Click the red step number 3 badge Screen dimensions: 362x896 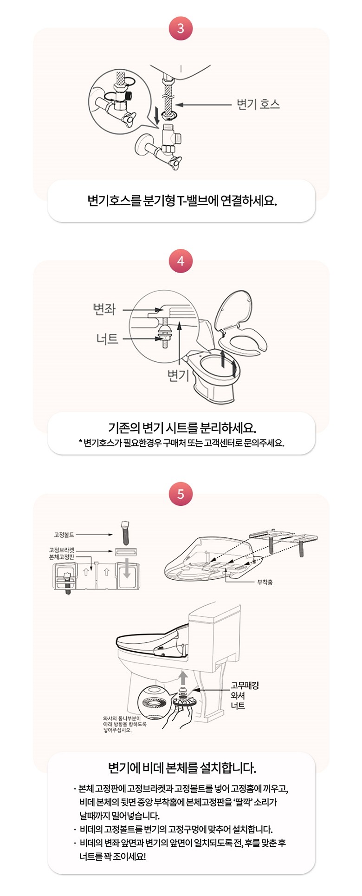point(181,28)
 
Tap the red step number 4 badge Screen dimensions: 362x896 point(181,261)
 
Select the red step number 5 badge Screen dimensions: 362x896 point(181,493)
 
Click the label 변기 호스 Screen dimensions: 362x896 point(259,104)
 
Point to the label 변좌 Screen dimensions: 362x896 point(104,309)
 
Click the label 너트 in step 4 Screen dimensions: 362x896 point(107,339)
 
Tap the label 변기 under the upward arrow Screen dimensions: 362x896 point(179,375)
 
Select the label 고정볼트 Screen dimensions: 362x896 point(64,535)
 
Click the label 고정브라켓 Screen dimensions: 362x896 point(62,550)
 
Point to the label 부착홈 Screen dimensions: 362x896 point(265,582)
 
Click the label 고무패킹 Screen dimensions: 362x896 point(245,685)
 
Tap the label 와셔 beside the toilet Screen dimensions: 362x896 point(238,695)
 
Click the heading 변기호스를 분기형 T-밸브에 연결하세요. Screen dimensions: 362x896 point(182,201)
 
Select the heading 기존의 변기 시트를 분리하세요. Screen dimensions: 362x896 point(182,427)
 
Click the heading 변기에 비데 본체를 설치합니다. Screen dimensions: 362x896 point(182,767)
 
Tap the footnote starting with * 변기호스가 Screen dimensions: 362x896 point(181,443)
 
